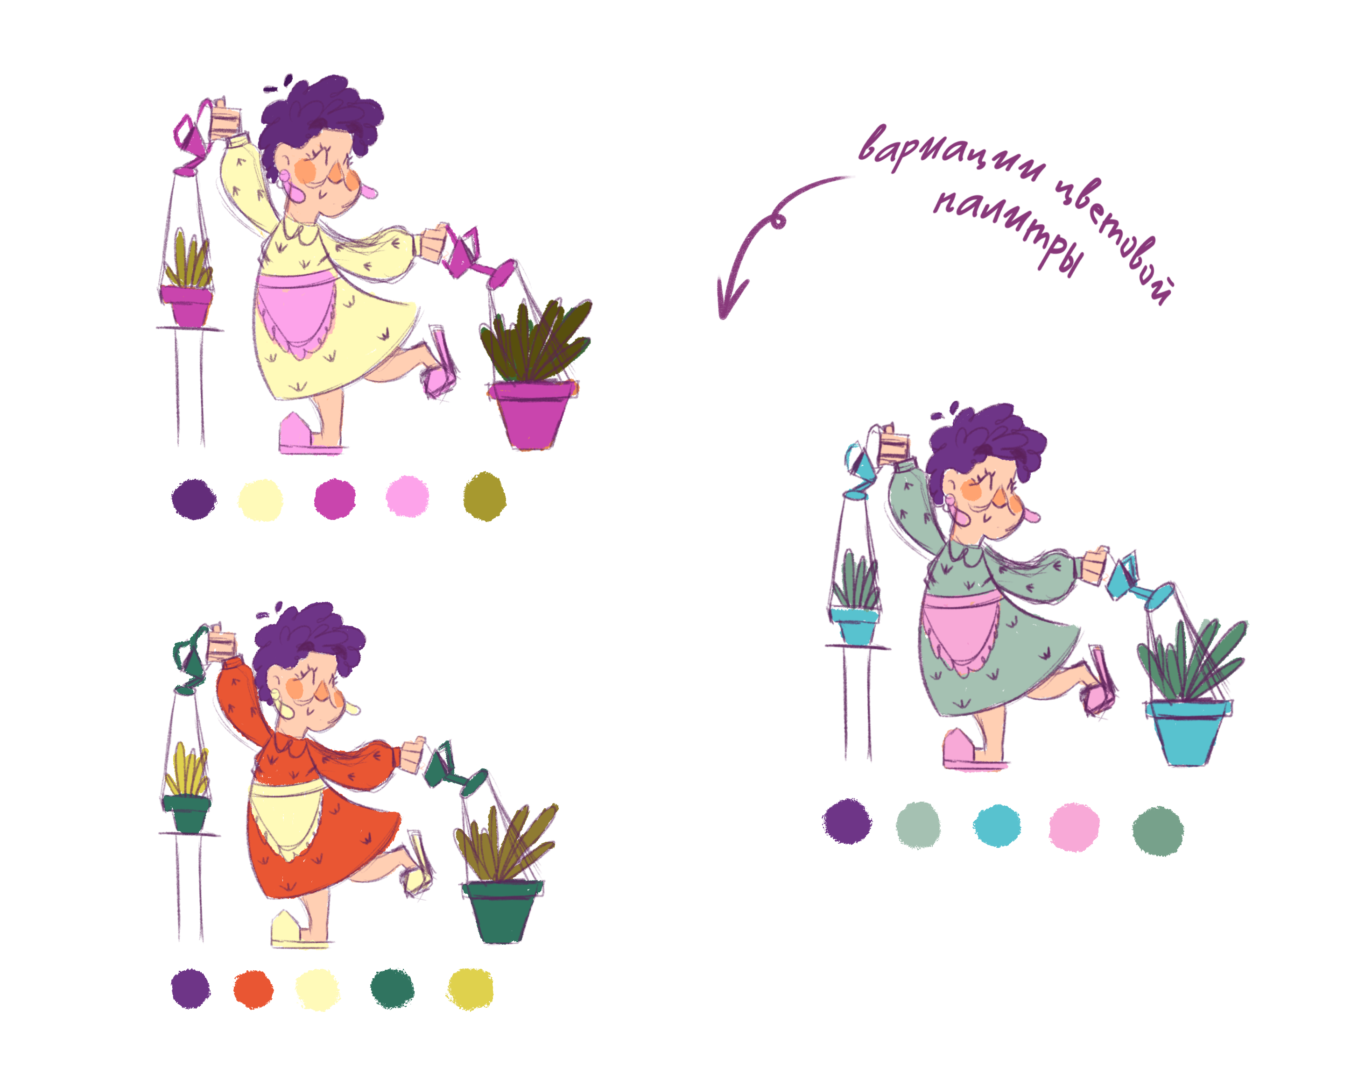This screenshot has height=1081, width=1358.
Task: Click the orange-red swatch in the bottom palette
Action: click(253, 989)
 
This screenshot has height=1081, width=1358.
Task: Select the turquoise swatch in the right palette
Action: click(997, 826)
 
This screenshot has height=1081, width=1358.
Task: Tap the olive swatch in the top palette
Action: click(485, 497)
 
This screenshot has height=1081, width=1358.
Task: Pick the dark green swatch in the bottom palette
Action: click(393, 989)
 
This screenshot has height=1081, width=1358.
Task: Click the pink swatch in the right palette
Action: click(1074, 827)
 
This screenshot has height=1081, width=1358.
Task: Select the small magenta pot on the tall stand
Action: click(186, 306)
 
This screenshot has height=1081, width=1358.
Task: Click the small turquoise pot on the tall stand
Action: click(855, 624)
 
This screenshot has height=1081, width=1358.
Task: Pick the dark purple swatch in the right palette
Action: click(848, 821)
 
